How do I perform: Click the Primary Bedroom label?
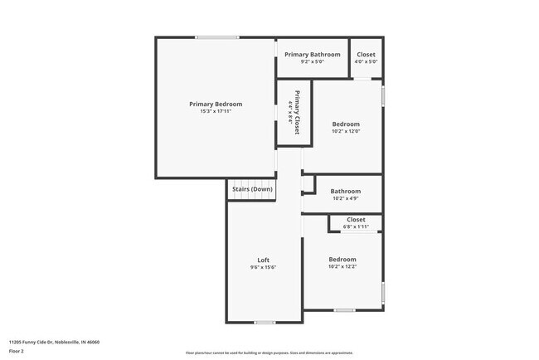[216, 104]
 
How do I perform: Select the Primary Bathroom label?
[312, 55]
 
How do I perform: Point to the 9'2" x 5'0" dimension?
[312, 61]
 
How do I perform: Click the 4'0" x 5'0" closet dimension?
[366, 61]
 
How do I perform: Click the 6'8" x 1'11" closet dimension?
[356, 226]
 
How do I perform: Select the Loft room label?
[264, 260]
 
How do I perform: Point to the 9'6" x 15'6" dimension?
[264, 268]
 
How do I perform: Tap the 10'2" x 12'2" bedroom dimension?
[342, 267]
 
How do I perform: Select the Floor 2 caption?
[17, 351]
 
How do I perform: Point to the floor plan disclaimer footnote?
[269, 352]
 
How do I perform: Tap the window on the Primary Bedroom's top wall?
[218, 37]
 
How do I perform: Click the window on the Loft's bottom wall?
[265, 323]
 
